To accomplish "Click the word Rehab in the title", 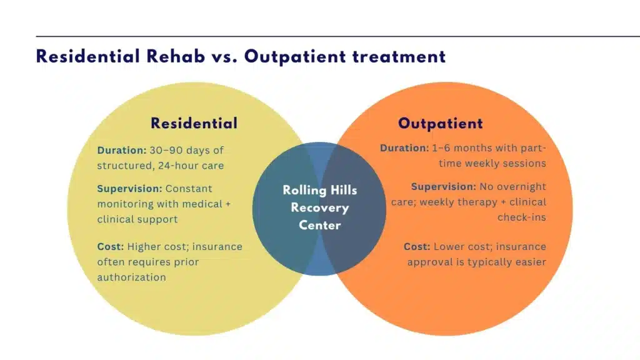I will (180, 57).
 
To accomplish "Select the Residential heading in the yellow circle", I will (194, 123).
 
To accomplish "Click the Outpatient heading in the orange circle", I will (440, 123).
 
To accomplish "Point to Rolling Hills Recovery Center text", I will (319, 207).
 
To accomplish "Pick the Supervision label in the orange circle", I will (443, 187).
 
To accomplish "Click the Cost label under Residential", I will (110, 247).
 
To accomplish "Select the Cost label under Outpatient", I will (416, 247).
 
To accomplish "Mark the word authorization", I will (131, 277).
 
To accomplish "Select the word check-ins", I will (521, 217).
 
